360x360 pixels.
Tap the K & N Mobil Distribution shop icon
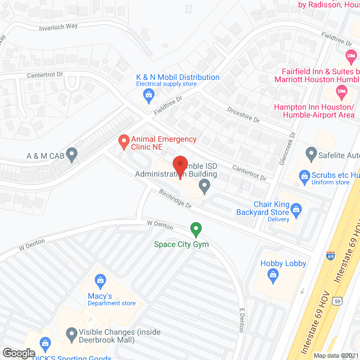148,97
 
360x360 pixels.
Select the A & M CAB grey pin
71,154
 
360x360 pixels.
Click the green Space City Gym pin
196,229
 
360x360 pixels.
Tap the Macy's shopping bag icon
100,280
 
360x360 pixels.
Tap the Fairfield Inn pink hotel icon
352,56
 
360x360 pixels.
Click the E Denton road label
242,319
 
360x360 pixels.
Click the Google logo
19,353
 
